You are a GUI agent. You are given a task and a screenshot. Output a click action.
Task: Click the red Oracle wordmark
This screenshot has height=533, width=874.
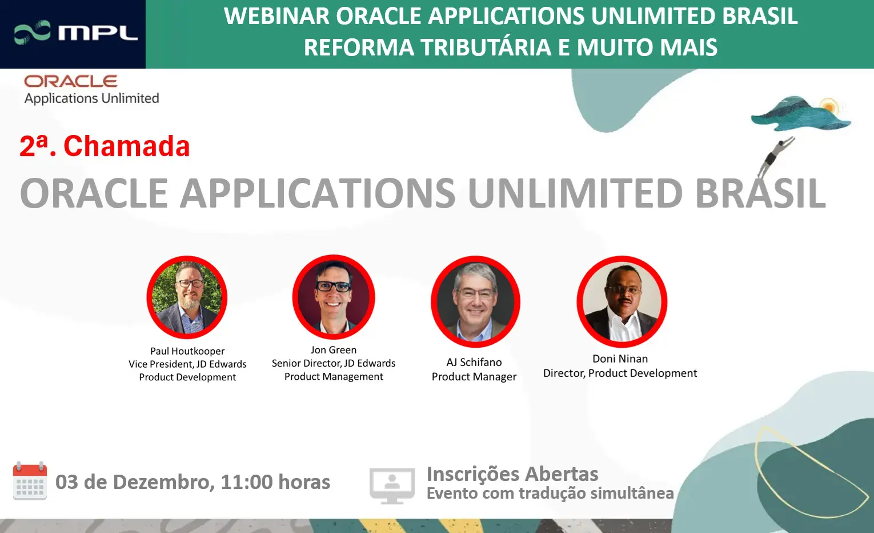71,81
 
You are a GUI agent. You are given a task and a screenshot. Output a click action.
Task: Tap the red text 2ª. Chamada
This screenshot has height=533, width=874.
105,146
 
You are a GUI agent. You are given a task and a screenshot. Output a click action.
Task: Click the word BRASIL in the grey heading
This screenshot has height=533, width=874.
760,193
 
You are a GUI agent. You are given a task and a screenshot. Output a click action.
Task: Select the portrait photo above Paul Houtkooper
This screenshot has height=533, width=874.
187,297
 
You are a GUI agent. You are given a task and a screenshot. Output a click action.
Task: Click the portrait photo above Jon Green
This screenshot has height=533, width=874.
334,297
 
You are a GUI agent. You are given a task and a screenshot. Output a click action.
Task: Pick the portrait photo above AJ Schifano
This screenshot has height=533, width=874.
475,301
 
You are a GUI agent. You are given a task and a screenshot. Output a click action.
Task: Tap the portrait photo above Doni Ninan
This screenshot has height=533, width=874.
622,301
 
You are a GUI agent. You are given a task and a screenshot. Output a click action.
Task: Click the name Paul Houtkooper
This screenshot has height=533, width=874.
187,351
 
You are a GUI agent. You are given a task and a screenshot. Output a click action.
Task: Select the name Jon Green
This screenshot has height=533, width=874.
334,350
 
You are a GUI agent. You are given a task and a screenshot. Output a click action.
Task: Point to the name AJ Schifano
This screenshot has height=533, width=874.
474,363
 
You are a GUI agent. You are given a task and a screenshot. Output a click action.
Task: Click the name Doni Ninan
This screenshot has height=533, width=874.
620,359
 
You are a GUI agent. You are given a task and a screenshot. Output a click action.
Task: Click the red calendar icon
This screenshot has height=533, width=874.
30,481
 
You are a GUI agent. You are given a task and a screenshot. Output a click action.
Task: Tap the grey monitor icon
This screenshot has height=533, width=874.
392,485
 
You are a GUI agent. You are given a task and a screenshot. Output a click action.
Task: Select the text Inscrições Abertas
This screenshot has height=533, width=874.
512,474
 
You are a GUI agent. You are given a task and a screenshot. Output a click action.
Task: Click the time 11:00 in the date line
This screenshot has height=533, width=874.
247,482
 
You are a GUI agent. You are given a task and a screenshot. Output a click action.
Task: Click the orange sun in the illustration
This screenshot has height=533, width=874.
829,106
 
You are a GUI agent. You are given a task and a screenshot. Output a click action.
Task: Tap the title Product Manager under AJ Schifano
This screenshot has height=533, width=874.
474,377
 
